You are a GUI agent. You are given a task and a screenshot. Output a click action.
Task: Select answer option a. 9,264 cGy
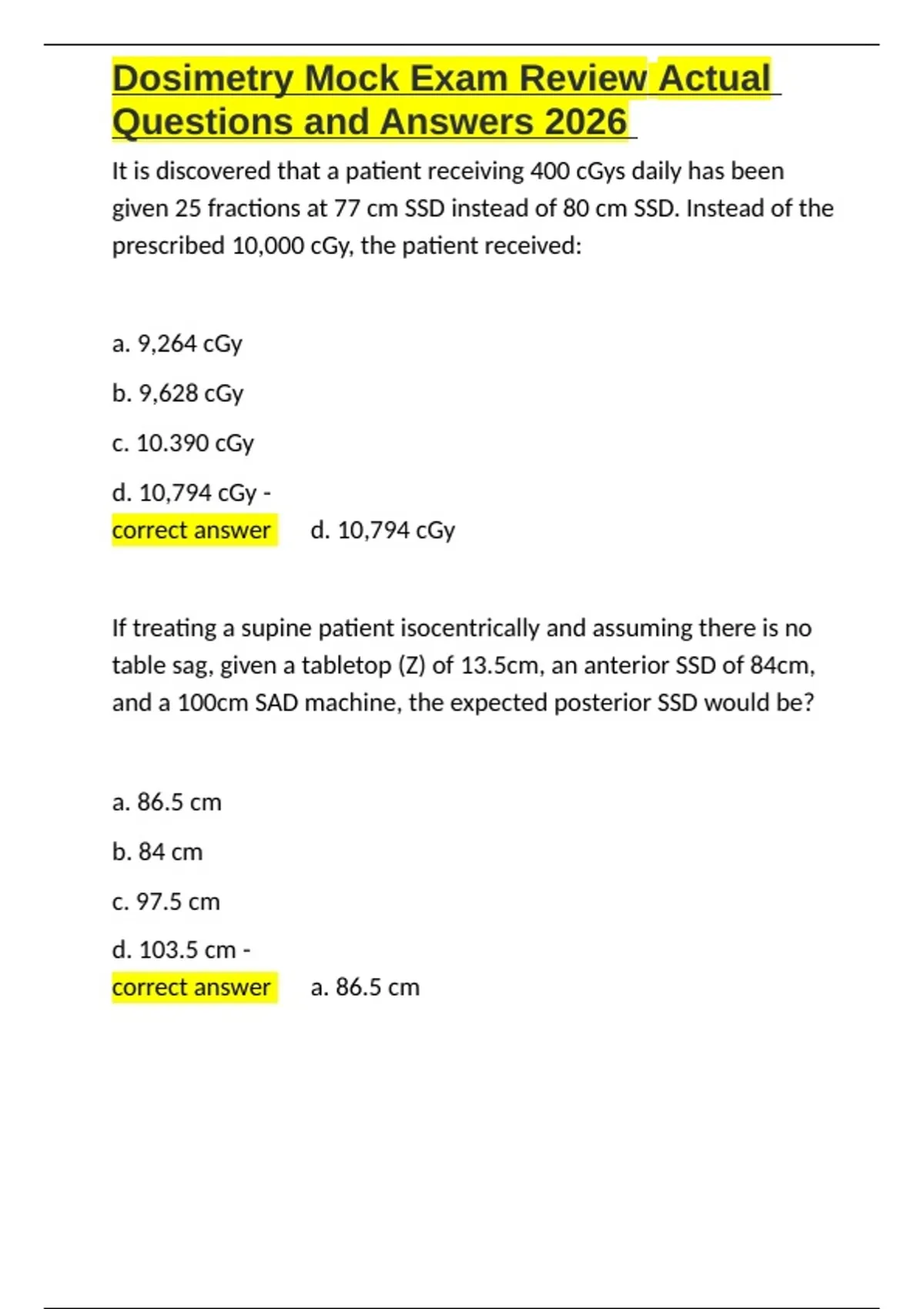[x=177, y=343]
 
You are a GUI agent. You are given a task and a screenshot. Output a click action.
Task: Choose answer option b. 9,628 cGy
[x=178, y=393]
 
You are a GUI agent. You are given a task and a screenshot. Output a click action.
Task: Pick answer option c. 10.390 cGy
[x=182, y=444]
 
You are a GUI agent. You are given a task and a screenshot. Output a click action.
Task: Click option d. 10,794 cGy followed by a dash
[x=191, y=493]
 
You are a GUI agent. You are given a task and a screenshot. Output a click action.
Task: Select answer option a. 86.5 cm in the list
[x=166, y=802]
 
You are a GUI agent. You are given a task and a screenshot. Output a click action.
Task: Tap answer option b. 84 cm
[x=157, y=852]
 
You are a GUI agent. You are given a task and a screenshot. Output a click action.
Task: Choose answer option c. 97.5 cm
[x=166, y=902]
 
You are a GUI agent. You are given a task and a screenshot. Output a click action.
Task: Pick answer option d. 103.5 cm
[x=181, y=950]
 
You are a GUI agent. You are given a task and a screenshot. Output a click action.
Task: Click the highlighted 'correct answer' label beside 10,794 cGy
[x=192, y=531]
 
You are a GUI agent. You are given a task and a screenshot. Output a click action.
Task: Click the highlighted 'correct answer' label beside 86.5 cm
[x=192, y=988]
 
